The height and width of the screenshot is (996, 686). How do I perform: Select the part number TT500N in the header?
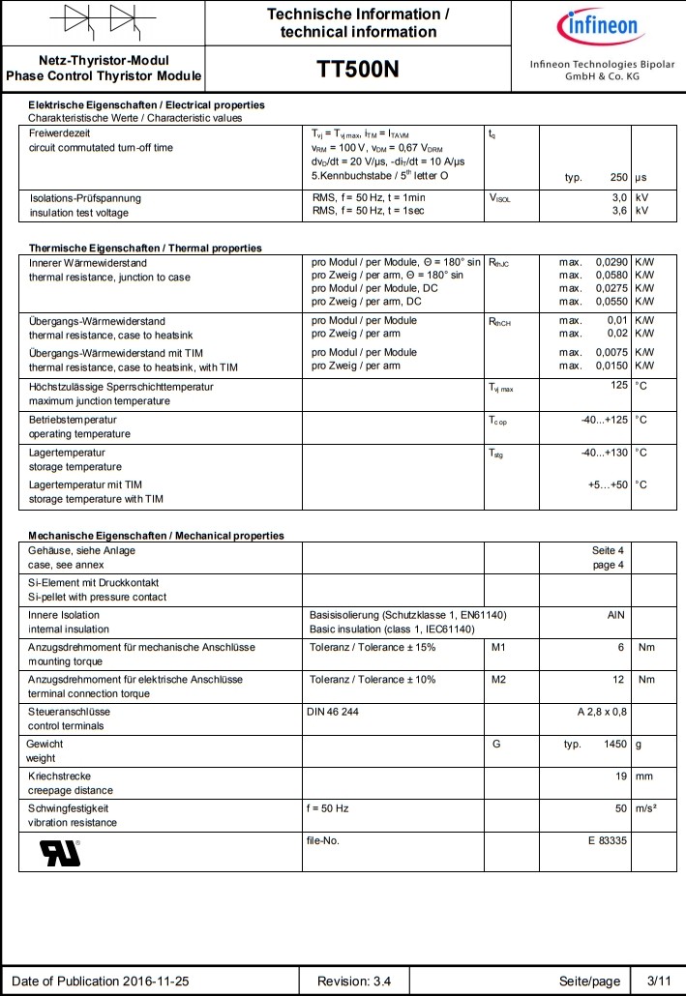tap(358, 69)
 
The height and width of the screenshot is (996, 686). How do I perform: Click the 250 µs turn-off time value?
tap(619, 178)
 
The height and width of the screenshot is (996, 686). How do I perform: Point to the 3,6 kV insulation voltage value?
tap(620, 211)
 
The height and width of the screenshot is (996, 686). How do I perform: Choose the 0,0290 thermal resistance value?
tap(611, 262)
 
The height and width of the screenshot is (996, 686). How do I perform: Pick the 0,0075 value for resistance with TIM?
tap(611, 352)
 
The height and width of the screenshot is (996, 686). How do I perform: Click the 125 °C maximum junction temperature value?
tap(618, 387)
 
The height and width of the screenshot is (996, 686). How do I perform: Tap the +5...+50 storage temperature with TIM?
tap(608, 483)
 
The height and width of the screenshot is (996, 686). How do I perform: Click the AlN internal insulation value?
tap(615, 614)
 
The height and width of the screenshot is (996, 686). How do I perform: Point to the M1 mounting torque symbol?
tap(499, 647)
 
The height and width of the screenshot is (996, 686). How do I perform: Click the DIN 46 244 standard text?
tap(333, 711)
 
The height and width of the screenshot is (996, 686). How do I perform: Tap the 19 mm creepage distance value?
tap(622, 776)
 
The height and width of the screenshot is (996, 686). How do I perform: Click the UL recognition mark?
tap(60, 851)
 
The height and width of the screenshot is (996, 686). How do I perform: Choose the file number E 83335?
tap(608, 840)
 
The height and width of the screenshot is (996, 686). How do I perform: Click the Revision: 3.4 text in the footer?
tap(354, 981)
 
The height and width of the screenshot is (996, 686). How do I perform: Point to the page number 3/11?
tap(658, 981)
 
